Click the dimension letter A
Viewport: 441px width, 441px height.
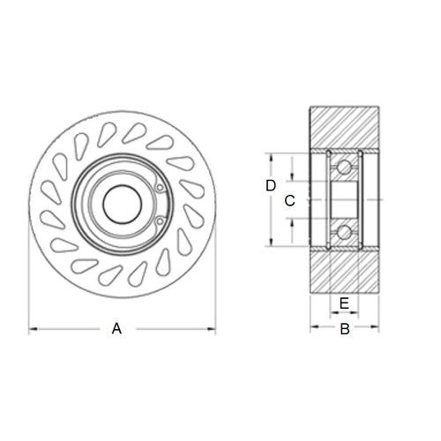(x=116, y=329)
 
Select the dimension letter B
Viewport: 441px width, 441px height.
(x=346, y=329)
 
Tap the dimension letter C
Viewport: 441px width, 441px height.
(x=288, y=200)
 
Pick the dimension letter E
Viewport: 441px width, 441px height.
(x=345, y=303)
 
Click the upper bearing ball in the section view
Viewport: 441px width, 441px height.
(x=345, y=166)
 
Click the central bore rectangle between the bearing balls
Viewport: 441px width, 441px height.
(x=345, y=199)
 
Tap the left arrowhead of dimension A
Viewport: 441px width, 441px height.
(x=34, y=330)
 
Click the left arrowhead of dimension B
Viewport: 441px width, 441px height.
(x=313, y=329)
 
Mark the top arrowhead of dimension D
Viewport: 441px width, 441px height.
(x=272, y=156)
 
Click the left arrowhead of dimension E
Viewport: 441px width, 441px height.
(x=331, y=313)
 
